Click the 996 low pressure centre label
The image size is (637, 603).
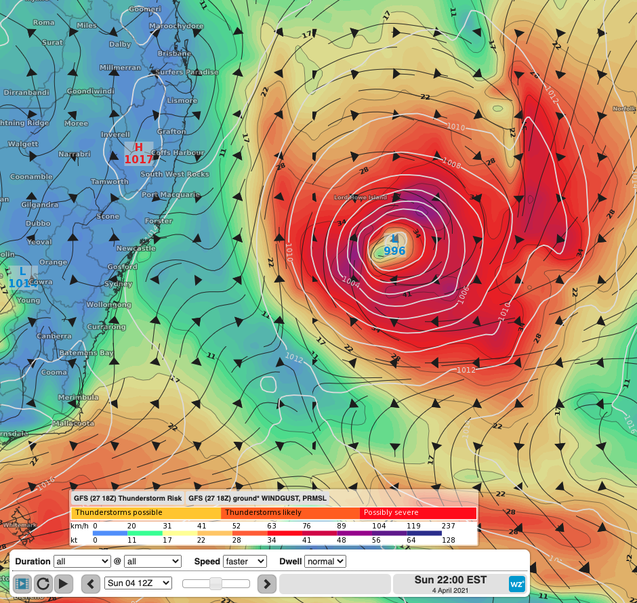click(394, 251)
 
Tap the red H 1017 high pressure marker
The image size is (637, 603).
click(138, 154)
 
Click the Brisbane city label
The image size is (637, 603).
click(174, 54)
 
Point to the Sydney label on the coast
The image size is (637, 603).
click(119, 284)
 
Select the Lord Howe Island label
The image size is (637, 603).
click(360, 198)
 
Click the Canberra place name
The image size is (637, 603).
click(54, 336)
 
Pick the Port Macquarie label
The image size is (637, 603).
click(171, 195)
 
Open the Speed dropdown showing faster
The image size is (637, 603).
click(246, 561)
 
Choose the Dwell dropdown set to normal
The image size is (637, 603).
click(325, 561)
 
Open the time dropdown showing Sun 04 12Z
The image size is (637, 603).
click(138, 583)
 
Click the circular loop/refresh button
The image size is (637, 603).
click(43, 583)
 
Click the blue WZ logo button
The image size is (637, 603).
click(517, 583)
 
